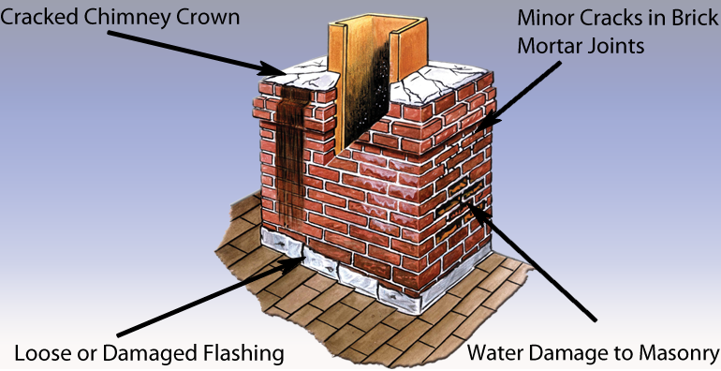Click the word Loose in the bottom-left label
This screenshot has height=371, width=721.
click(42, 353)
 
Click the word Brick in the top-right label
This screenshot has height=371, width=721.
click(687, 19)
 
